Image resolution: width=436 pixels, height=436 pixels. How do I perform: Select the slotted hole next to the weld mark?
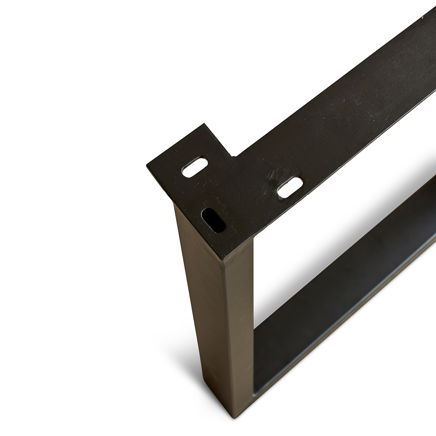tap(290, 187)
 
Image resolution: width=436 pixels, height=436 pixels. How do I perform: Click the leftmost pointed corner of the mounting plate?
tap(147, 165)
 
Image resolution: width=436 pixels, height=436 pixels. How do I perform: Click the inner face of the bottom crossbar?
tap(341, 277)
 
